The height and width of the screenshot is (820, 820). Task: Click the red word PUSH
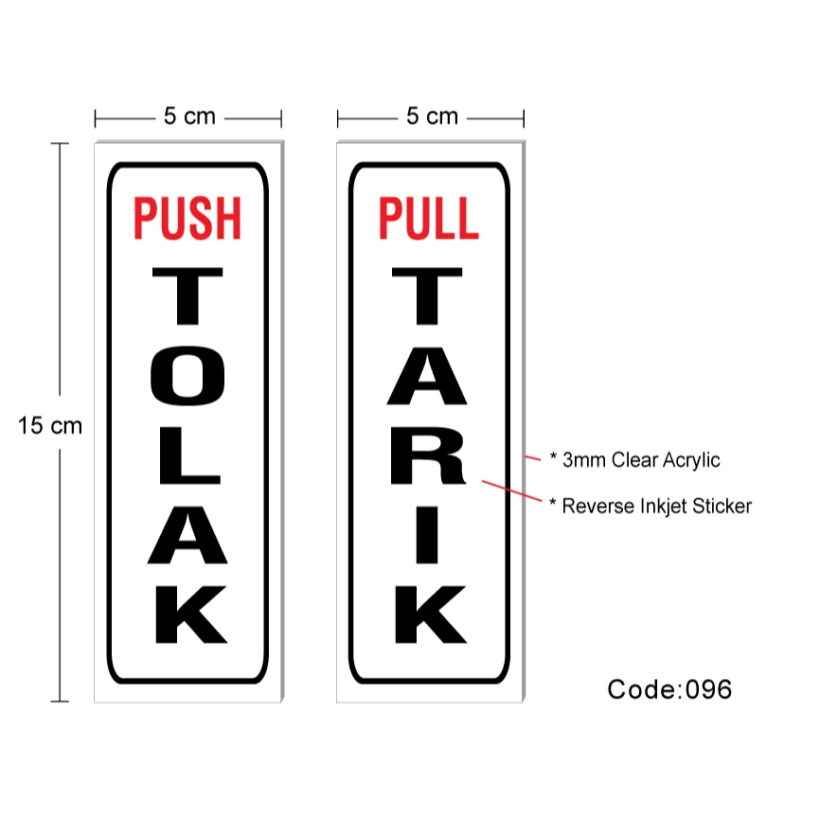click(x=187, y=217)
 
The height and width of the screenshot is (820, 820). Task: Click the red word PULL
click(x=429, y=217)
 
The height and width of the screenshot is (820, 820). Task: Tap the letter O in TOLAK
click(x=187, y=380)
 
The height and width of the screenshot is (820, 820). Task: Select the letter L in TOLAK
click(x=187, y=458)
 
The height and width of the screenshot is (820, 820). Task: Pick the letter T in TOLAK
click(x=187, y=299)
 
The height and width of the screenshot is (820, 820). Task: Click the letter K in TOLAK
click(x=187, y=615)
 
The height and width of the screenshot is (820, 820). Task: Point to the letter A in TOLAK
click(x=187, y=537)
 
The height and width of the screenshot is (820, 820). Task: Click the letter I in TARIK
click(x=429, y=537)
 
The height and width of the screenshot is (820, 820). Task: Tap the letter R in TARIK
click(x=429, y=458)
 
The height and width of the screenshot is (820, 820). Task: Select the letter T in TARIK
click(x=429, y=299)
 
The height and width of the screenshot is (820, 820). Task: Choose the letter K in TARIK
click(x=429, y=615)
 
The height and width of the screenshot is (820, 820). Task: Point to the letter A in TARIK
click(x=429, y=380)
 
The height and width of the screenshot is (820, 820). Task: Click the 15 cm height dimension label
click(x=50, y=426)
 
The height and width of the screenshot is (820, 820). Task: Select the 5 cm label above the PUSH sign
click(x=189, y=116)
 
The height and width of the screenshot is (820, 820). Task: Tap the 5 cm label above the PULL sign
click(x=432, y=116)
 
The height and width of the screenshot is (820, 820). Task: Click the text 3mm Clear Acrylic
click(x=640, y=460)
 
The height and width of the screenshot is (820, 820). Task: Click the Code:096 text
click(x=669, y=689)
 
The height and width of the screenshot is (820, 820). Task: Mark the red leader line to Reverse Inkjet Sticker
click(x=511, y=491)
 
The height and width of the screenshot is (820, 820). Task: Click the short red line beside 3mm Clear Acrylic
click(x=533, y=458)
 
